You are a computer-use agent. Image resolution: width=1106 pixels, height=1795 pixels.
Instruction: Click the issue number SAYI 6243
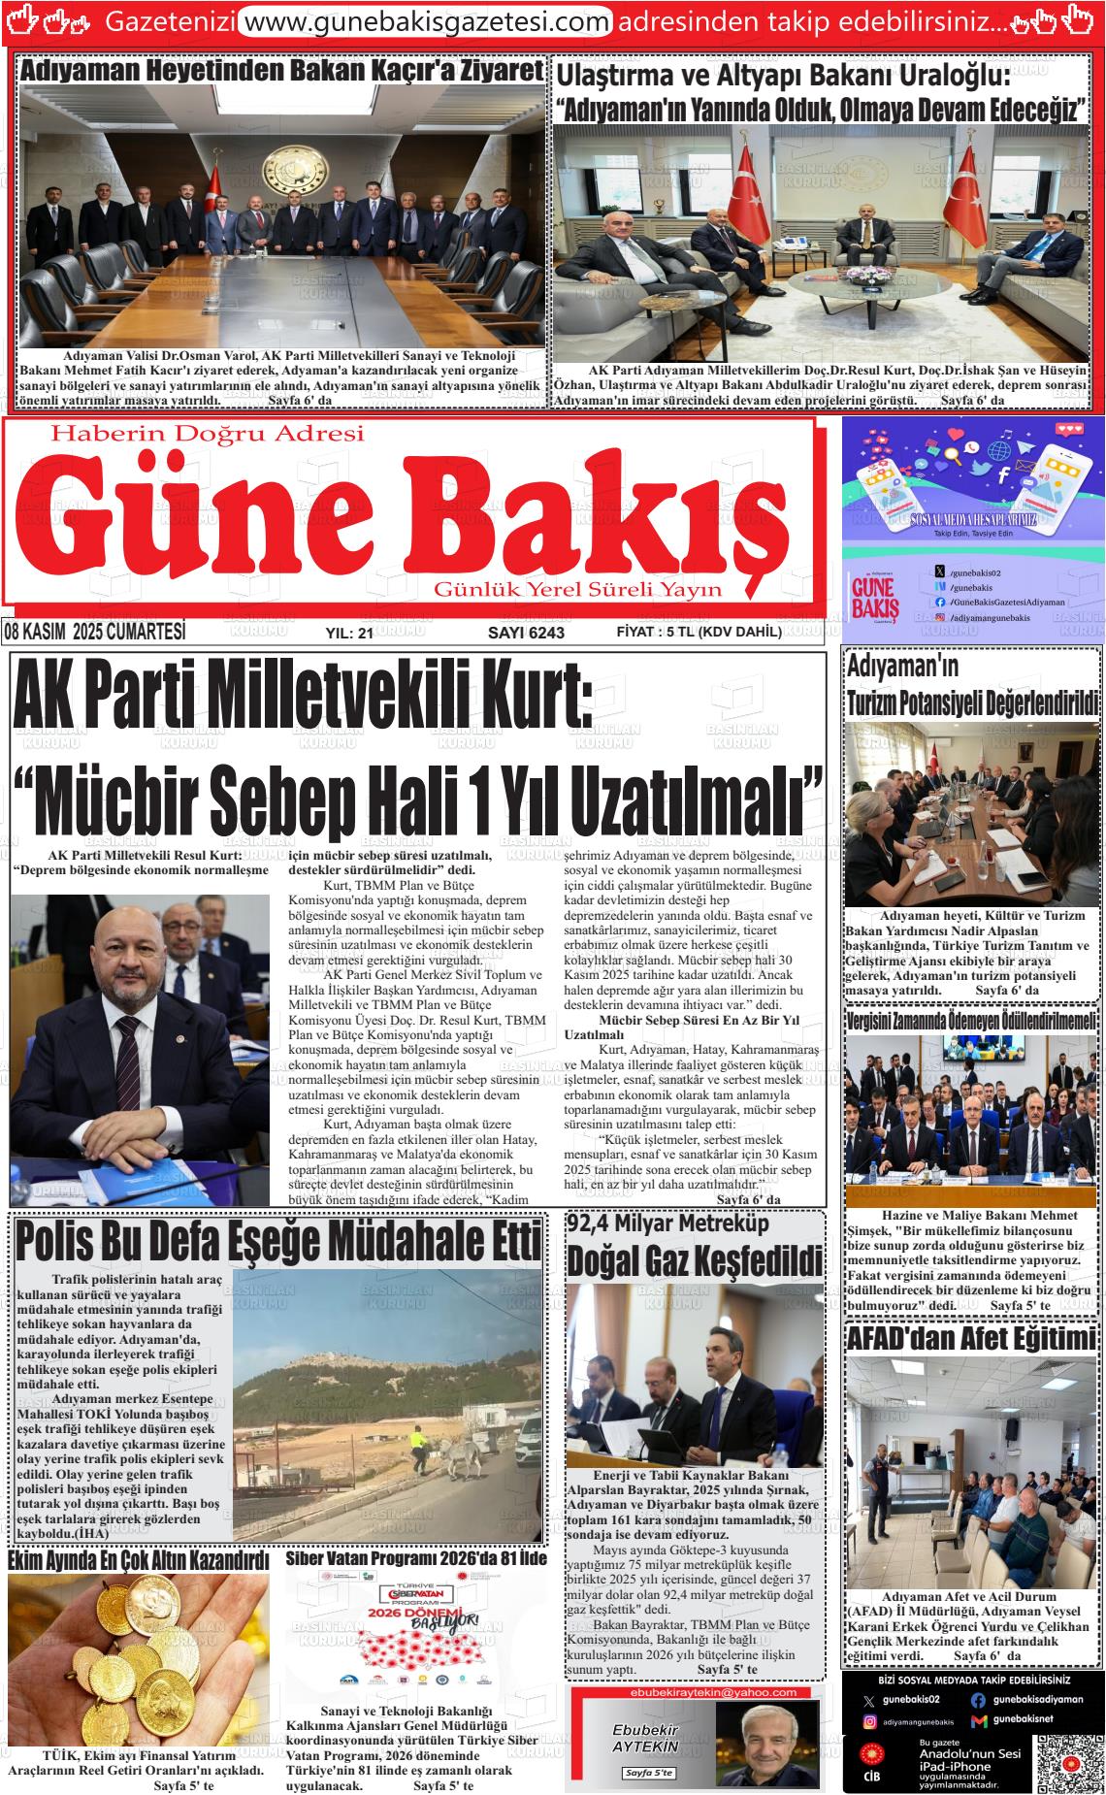click(x=526, y=633)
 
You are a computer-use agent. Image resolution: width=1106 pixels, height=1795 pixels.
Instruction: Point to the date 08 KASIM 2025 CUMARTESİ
click(x=94, y=633)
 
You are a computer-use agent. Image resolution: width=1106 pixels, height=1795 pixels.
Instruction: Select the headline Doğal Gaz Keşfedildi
click(x=694, y=1260)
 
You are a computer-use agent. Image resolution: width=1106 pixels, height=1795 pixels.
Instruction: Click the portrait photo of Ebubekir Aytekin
click(x=766, y=1744)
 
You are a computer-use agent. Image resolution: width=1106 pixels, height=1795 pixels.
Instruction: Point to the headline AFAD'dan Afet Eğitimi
click(x=972, y=1340)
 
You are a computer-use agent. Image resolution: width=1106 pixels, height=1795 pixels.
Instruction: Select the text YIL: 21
click(x=349, y=634)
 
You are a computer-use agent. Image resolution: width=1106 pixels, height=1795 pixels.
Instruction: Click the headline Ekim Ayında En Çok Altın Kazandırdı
click(x=138, y=1561)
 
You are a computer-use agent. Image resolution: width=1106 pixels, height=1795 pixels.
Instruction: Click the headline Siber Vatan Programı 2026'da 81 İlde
click(x=416, y=1559)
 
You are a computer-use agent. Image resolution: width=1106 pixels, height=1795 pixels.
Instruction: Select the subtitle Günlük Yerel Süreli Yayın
click(x=577, y=590)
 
